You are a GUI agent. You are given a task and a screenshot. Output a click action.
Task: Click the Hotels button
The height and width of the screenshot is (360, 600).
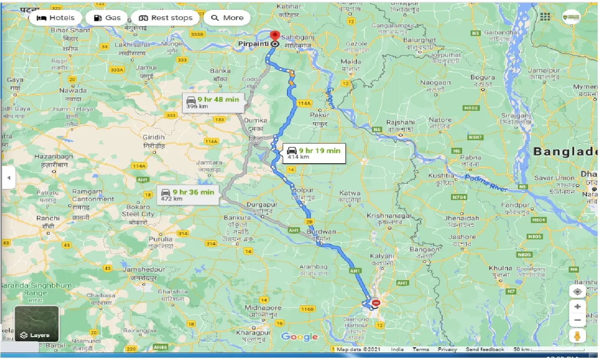[x=55, y=18]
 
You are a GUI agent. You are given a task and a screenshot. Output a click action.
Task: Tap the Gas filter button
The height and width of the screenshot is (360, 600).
[x=107, y=18]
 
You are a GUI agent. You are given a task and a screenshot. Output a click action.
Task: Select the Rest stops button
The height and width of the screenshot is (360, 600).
[x=165, y=18]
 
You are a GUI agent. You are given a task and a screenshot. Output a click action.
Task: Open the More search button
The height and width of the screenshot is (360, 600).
[x=227, y=18]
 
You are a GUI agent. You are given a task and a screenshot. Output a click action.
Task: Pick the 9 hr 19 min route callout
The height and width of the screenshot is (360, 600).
[x=314, y=153]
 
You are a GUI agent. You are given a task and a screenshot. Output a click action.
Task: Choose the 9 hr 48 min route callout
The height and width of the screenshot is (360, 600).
[x=213, y=102]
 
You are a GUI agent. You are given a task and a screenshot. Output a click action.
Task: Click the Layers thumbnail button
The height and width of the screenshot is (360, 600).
[x=36, y=323]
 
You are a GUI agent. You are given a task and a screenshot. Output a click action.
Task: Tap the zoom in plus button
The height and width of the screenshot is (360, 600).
[x=578, y=307]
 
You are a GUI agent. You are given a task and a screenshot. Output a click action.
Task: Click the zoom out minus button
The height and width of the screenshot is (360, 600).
[x=578, y=320]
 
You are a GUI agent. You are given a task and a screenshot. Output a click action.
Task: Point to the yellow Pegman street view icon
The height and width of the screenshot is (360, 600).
[x=578, y=337]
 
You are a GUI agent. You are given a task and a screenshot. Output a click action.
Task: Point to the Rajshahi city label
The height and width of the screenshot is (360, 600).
[x=400, y=122]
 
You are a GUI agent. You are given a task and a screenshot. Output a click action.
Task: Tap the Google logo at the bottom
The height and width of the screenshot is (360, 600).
[x=300, y=337]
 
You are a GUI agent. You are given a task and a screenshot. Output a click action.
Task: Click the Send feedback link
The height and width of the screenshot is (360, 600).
[x=485, y=349]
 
